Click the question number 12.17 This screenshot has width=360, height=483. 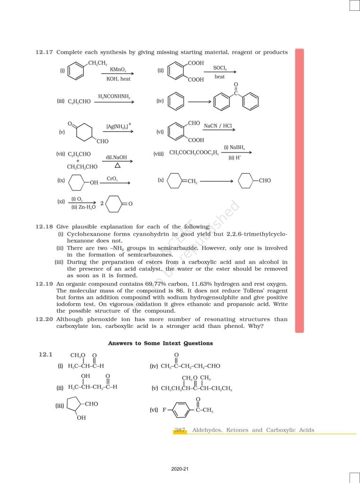click(x=44, y=52)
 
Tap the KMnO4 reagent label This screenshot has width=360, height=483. click(x=117, y=69)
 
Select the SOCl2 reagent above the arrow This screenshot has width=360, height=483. click(x=220, y=68)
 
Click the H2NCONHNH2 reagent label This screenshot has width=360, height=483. click(x=114, y=97)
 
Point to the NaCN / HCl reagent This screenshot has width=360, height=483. click(x=218, y=126)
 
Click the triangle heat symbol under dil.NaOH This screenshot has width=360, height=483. click(x=117, y=166)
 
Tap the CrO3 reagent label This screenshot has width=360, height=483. click(x=112, y=179)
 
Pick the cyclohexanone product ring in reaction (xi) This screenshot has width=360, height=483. click(x=115, y=203)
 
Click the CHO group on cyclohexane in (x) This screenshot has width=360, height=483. click(x=264, y=181)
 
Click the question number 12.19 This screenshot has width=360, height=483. click(x=44, y=283)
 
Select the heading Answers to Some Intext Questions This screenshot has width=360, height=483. click(x=160, y=343)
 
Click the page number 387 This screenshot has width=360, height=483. click(x=180, y=430)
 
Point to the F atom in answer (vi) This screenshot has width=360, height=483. click(x=165, y=410)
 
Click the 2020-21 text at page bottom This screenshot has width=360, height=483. click(x=180, y=469)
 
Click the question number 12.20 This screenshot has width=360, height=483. click(x=44, y=319)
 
